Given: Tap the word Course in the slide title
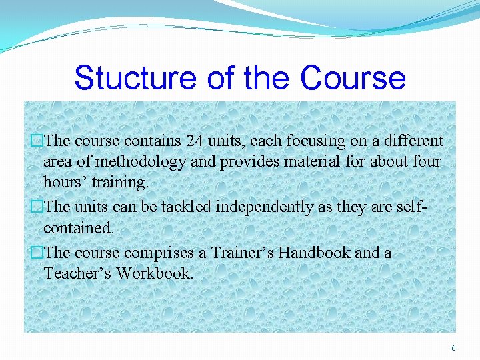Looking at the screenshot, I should click(353, 77).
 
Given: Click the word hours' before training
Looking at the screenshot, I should click(65, 182).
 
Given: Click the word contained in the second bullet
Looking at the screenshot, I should click(79, 228).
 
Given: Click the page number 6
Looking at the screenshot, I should click(454, 348).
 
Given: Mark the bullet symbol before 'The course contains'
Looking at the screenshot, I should click(37, 141).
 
